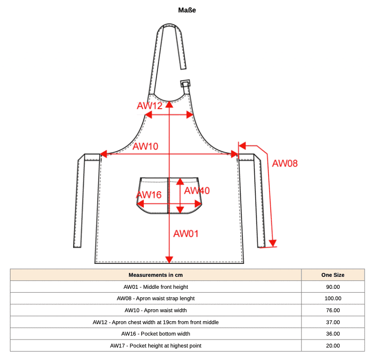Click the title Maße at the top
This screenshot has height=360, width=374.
pos(187,10)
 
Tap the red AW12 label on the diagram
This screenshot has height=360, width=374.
pos(150,106)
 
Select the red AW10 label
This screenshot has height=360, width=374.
pos(145,146)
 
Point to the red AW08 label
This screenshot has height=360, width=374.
pos(285,163)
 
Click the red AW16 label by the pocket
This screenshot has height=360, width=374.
pos(149,195)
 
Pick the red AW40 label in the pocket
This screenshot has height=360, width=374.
pos(197,191)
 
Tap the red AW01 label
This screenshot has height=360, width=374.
pos(186,234)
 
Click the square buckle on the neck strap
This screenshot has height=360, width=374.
pos(186,84)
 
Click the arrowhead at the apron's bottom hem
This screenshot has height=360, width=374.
pos(169,260)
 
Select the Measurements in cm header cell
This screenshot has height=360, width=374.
pos(156,275)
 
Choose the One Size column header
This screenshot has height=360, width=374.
pos(333,275)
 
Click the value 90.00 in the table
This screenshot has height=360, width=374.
pos(333,287)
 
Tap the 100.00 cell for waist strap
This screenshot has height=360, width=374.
pos(333,298)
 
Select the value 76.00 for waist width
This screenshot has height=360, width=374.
pos(333,310)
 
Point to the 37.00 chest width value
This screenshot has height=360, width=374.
pos(333,322)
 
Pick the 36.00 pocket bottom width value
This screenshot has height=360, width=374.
pos(333,334)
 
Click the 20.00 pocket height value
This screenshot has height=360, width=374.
pos(333,346)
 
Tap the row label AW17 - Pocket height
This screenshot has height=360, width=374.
pos(156,346)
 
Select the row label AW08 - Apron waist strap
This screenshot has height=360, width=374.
pos(156,298)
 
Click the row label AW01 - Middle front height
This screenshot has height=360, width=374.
pos(156,287)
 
